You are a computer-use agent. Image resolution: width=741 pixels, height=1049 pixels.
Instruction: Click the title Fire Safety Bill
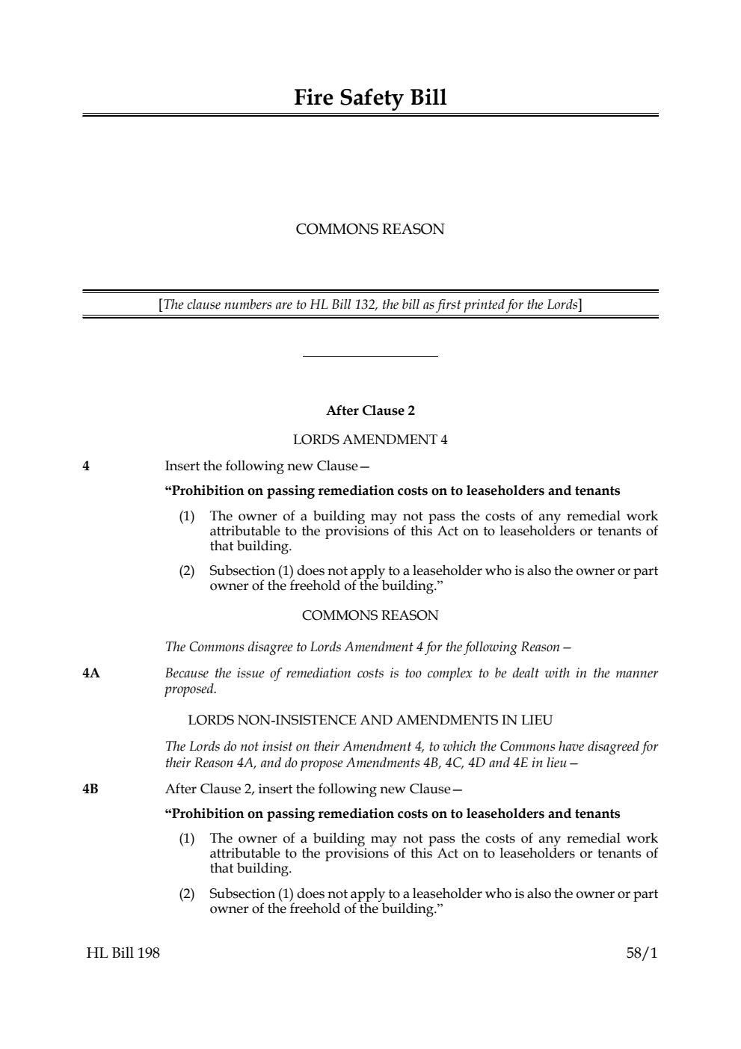(370, 98)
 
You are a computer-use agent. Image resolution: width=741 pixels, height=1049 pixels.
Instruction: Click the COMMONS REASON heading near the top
(370, 230)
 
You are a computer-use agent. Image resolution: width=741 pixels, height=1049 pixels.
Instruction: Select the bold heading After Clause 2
(370, 410)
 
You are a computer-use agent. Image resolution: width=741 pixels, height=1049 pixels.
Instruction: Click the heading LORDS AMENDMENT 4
(370, 440)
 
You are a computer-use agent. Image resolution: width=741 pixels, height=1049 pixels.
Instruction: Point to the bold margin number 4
(86, 467)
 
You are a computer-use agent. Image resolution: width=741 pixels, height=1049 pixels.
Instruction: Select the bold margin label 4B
(90, 790)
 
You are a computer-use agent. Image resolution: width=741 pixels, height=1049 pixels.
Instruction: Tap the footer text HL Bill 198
(123, 953)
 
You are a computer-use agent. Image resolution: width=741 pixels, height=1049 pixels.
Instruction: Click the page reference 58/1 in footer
(642, 953)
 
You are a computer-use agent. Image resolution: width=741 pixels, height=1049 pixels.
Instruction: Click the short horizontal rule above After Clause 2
(370, 357)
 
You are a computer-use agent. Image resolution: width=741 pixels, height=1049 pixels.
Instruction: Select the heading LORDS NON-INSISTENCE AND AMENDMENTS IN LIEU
(370, 721)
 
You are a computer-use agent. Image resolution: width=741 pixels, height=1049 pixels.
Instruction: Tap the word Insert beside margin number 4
(182, 467)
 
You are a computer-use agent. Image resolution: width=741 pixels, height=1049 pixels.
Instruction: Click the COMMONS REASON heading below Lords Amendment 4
(370, 615)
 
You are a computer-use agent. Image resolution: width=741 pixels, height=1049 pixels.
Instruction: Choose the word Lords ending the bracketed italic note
(562, 305)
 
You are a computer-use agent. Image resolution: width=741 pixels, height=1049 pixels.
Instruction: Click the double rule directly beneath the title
(370, 115)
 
